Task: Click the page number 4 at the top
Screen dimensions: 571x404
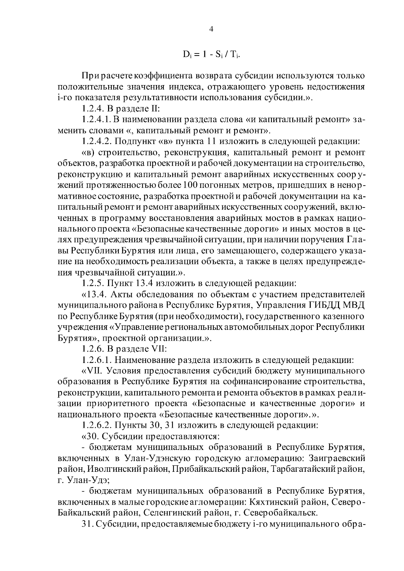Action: coord(211,29)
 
